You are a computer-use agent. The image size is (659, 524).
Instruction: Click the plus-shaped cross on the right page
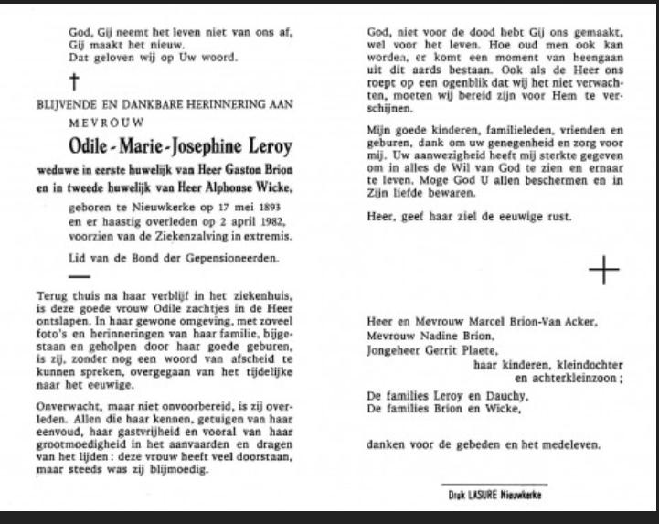point(605,270)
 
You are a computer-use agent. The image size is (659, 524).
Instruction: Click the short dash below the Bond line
point(80,277)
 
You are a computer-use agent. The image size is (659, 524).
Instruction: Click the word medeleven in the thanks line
point(572,445)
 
